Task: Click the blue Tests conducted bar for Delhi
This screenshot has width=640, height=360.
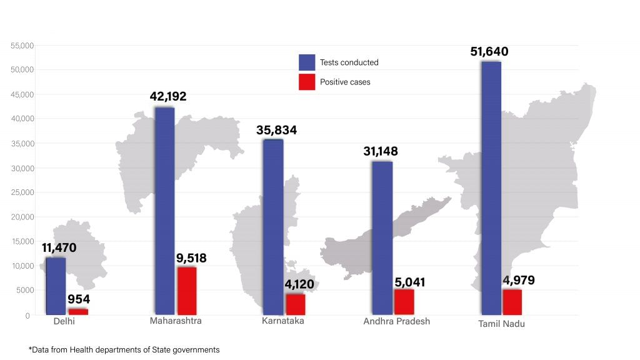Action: [56, 286]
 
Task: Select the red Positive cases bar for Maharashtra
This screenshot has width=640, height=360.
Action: [186, 291]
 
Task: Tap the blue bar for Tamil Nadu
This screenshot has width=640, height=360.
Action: [491, 187]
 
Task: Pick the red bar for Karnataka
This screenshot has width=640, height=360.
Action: [295, 304]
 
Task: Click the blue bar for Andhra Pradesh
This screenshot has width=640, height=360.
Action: [382, 237]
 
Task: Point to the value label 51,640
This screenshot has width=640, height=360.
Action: [489, 51]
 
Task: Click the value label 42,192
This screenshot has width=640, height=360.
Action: [168, 97]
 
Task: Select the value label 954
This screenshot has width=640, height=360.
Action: [79, 299]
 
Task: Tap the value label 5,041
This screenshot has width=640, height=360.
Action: [409, 282]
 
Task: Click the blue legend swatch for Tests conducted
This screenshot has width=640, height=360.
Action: [306, 62]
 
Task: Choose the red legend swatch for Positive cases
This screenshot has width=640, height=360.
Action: [306, 82]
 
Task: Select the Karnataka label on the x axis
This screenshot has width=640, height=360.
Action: [283, 321]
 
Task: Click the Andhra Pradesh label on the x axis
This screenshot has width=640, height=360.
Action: [396, 321]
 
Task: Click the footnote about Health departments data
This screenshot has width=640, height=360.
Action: [124, 350]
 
